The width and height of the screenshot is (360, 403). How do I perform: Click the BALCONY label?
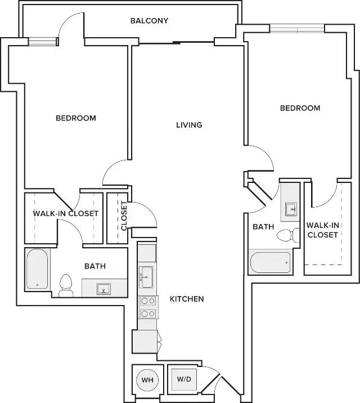[149, 21]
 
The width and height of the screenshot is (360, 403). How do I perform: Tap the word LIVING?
[189, 125]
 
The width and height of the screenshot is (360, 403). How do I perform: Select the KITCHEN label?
[187, 299]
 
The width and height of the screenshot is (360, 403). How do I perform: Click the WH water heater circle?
[147, 380]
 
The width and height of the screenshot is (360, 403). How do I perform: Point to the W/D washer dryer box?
[184, 379]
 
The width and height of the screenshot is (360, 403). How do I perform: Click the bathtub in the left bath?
[37, 269]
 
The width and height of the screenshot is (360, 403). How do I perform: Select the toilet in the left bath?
[66, 285]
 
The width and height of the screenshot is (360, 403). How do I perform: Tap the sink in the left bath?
[103, 289]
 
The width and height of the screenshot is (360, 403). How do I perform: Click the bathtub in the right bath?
[271, 262]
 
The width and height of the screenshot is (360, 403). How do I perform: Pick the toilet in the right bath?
[288, 235]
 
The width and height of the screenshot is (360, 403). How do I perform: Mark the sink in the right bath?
[291, 209]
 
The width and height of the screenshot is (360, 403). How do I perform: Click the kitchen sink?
[146, 277]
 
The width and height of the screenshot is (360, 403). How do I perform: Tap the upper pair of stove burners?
[148, 301]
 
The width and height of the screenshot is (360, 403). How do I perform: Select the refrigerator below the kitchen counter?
[145, 342]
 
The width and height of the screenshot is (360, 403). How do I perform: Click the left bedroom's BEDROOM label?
[76, 118]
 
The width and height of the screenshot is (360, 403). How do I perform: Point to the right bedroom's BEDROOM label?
[300, 108]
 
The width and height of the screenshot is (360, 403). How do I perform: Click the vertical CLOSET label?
[124, 216]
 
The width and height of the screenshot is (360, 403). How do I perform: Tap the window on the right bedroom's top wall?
[297, 28]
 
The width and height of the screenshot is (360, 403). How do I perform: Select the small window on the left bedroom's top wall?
[42, 42]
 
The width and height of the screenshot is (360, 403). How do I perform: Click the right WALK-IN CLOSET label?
[323, 230]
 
